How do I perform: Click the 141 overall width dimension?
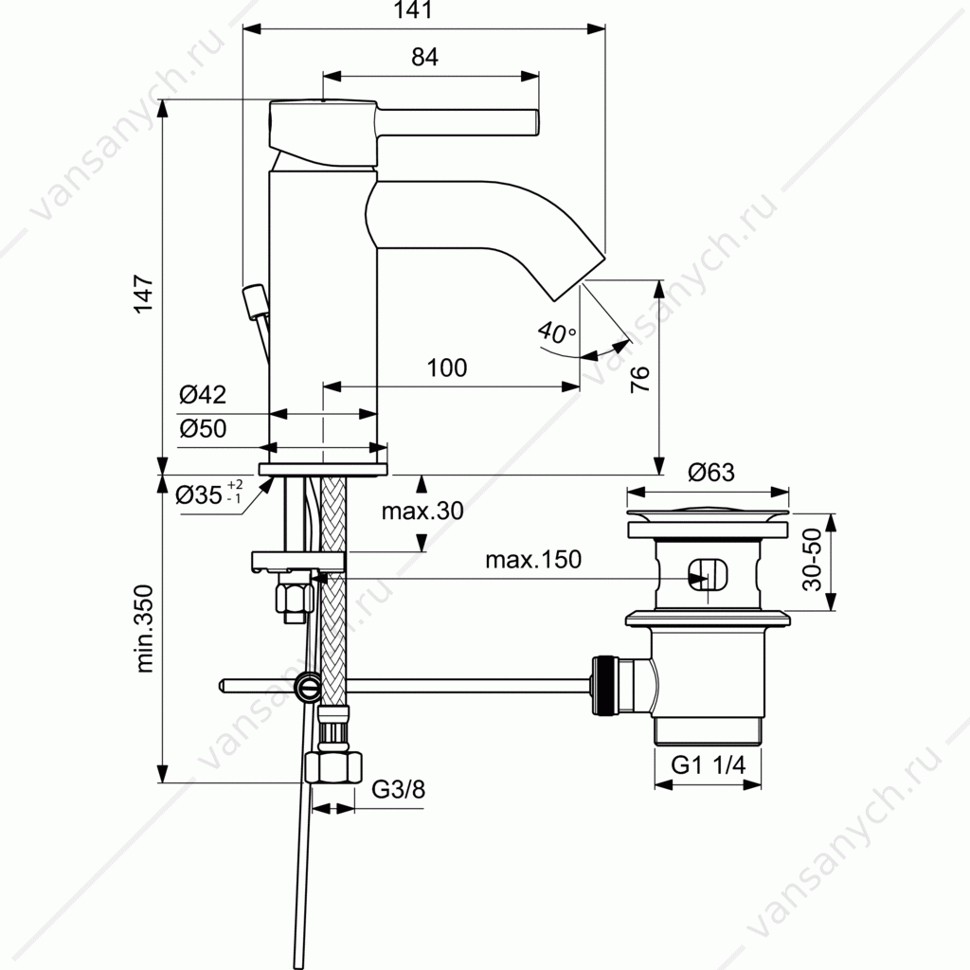413,10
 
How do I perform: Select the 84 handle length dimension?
425,57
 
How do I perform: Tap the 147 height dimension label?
144,295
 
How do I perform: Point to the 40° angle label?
557,332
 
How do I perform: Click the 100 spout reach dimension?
447,368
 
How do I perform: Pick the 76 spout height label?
640,379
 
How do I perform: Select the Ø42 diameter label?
203,395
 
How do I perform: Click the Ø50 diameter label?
203,428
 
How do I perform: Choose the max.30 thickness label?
422,511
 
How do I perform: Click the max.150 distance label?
533,560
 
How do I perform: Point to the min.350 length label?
144,629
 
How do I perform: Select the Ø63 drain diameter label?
711,473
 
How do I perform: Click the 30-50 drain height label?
812,559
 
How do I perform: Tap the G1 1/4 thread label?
709,765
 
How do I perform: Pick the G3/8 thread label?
399,790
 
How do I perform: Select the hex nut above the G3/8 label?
334,767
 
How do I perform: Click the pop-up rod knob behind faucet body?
255,301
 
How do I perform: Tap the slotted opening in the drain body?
709,575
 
